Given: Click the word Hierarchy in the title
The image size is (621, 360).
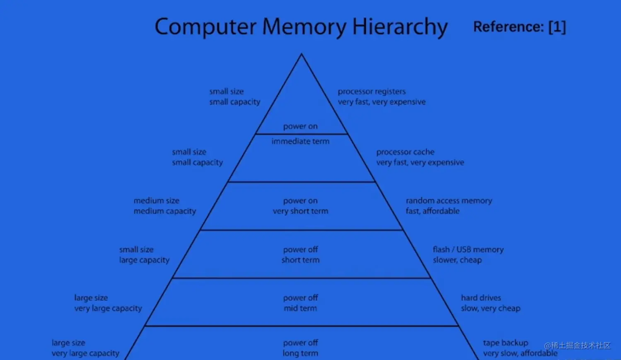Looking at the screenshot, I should pos(400,27).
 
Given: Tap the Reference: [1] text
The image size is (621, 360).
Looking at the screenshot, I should pos(520,27).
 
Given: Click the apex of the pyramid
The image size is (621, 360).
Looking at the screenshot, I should pos(302,55).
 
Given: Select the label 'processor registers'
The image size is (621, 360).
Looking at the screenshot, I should pos(372,92).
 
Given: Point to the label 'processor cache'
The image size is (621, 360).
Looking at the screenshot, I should pos(405,152).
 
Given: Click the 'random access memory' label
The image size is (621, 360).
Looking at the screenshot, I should pos(449,201).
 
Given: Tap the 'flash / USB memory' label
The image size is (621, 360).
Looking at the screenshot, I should pos(468,249).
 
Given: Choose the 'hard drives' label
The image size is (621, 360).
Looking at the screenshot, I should pos(481,297).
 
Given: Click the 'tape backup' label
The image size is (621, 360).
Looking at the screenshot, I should pos(505,343).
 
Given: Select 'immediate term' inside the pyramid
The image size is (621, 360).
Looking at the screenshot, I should pos(300,141).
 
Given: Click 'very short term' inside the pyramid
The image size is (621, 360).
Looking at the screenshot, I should pos(300,211).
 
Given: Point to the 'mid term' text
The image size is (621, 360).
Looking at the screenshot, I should pos(300,308).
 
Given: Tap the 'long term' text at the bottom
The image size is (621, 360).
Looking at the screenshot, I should pos(300,353).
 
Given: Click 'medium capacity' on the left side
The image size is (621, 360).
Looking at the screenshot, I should pos(164,211).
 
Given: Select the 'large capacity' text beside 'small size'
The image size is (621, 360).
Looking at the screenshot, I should pos(144,260).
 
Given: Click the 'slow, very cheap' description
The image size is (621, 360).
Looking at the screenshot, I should pos(491,308).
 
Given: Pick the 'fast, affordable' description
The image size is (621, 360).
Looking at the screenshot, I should pos(433,211).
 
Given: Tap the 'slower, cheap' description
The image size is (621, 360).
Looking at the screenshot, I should pos(457,260).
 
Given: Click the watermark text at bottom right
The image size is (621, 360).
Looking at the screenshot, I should pos(578,346).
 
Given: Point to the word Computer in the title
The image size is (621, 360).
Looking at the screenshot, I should pos(205,27).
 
